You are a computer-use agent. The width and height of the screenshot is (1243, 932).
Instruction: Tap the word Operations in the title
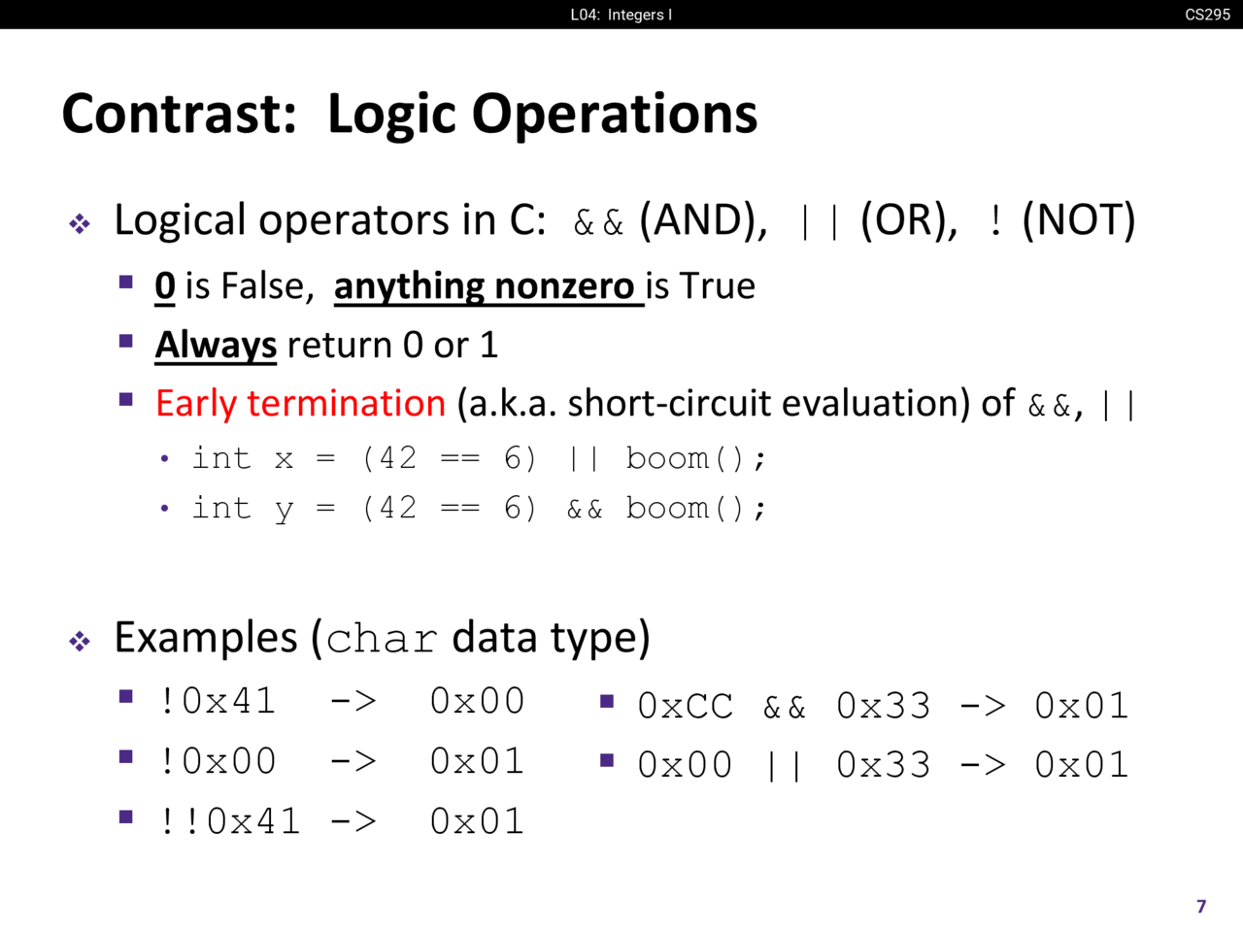[615, 116]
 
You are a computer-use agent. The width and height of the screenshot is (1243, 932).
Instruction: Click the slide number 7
[1201, 907]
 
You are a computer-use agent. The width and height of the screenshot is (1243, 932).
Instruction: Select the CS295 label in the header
[1207, 15]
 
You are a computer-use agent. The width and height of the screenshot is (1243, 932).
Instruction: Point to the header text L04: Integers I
[621, 15]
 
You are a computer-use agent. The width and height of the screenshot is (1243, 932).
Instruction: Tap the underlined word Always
[216, 346]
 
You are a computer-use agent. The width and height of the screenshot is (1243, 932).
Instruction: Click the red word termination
[346, 404]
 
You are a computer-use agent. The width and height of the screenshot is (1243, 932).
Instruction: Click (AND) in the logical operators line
[703, 220]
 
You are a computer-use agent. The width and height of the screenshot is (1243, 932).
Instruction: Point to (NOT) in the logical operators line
[1079, 220]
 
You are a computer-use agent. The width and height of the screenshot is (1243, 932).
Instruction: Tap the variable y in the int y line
[284, 511]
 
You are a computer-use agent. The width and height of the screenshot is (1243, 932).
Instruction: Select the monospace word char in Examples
[382, 640]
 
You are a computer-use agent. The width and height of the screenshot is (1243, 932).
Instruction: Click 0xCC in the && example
[686, 706]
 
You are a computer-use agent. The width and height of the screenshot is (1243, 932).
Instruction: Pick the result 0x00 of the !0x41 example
[477, 701]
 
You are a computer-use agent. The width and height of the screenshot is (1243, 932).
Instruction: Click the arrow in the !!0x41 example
[353, 821]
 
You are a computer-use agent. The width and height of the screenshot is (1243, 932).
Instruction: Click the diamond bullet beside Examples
[80, 641]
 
